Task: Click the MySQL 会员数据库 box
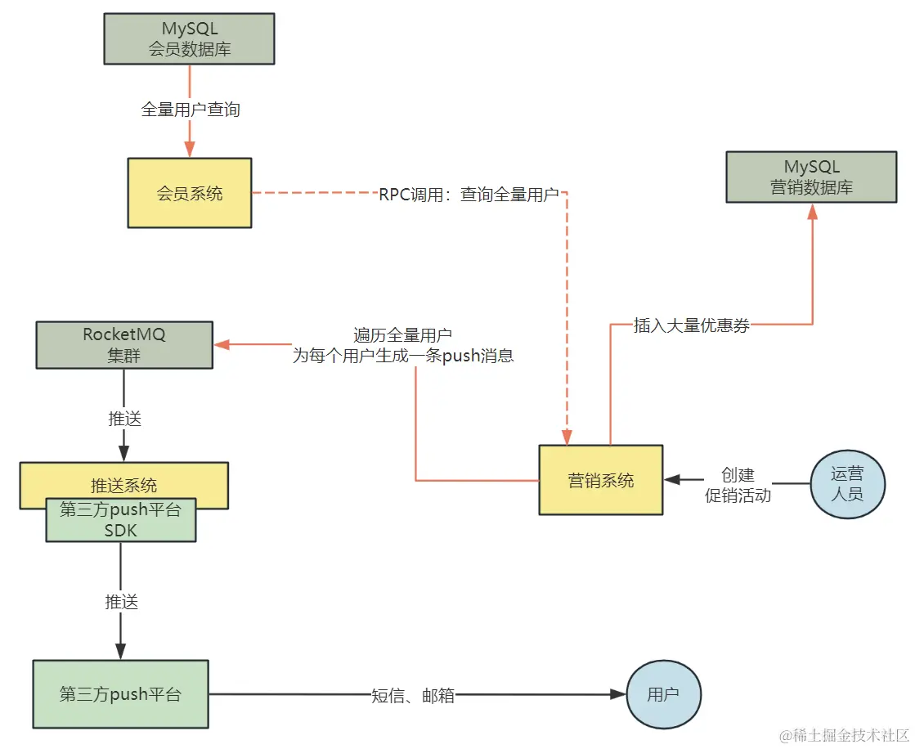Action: click(189, 38)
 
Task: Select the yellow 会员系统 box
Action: click(189, 194)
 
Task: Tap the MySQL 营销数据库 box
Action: click(811, 177)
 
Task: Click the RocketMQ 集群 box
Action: click(124, 345)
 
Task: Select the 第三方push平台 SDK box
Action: click(121, 520)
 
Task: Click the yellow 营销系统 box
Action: click(600, 480)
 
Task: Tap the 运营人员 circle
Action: click(846, 485)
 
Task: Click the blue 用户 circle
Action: click(663, 694)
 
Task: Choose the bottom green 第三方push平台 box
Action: click(120, 694)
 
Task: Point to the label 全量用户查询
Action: click(191, 110)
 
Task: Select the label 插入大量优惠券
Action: click(692, 325)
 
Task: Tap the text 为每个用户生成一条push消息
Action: click(403, 357)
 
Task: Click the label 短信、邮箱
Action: click(412, 695)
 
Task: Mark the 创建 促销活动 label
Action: click(738, 486)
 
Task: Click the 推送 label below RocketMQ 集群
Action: click(124, 419)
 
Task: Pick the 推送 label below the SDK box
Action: click(121, 602)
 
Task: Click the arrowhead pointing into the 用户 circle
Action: click(619, 694)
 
